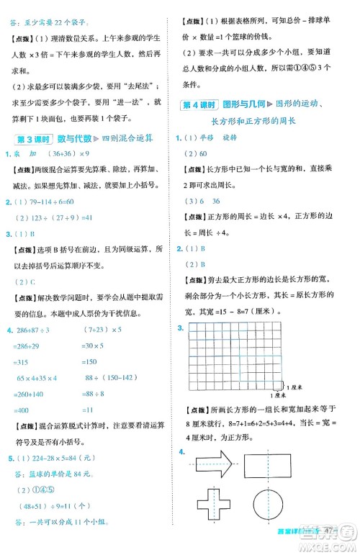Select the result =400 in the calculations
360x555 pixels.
[x=27, y=408]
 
